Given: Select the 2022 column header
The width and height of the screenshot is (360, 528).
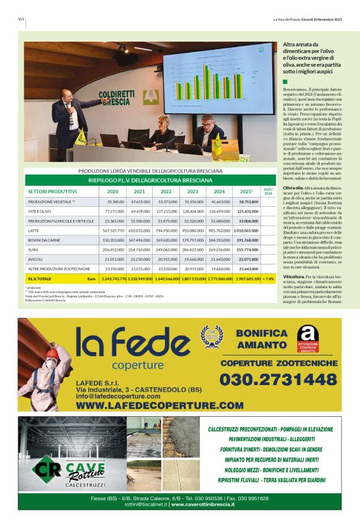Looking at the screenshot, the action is pos(166,191).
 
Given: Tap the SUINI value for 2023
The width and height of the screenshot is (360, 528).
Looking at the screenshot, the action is pos(192,249).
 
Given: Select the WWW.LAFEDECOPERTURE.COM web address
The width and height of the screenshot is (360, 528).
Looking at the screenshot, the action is pos(160,405).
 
